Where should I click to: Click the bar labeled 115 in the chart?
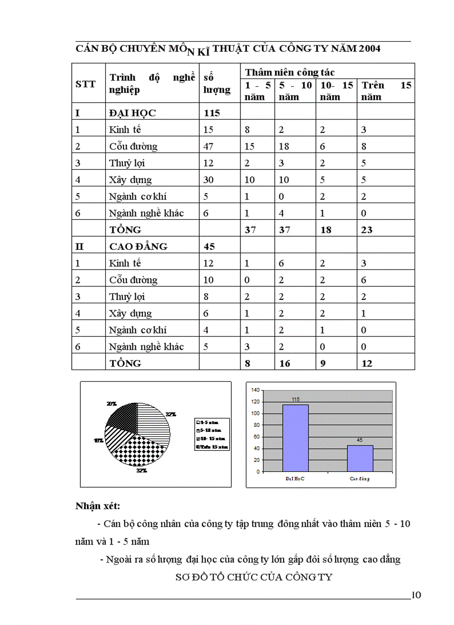[x=295, y=437]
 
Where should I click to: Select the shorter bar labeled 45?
[x=360, y=458]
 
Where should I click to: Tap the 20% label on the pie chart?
[x=111, y=402]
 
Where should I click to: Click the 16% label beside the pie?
[x=98, y=440]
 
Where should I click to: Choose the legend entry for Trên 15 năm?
[x=212, y=446]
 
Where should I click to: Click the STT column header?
[x=86, y=84]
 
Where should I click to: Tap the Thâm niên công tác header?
[x=290, y=72]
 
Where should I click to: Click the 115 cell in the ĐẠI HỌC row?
[x=212, y=113]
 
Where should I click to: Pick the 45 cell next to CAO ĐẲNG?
[x=210, y=246]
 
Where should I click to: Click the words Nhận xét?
[x=98, y=506]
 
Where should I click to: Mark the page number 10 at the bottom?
[x=416, y=595]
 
